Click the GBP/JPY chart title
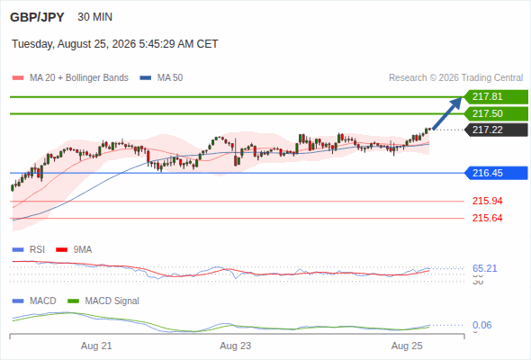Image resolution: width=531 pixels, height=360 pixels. pos(37,17)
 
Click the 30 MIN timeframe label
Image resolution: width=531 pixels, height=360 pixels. pos(94,17)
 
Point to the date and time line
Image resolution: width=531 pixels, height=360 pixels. pos(115,44)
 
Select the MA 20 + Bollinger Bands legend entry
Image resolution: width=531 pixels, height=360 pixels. pos(70,78)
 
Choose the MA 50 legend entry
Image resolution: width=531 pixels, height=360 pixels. pos(161,78)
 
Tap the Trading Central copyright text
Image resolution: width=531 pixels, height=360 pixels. pos(455,78)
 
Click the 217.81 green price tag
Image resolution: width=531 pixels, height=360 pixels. pos(496,97)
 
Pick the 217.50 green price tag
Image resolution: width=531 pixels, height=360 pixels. pos(496,113)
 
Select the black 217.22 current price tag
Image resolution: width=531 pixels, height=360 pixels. pos(496,130)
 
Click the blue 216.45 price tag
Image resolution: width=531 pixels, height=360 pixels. pos(496,173)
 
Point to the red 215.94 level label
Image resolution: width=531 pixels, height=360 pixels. pos(487,202)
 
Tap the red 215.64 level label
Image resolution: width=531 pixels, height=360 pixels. pos(487,218)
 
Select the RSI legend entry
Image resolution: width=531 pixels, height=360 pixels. pos(29,249)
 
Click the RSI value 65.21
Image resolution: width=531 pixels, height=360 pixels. pos(484,268)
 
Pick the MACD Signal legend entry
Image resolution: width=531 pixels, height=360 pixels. pos(103,301)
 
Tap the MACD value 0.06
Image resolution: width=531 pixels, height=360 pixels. pos(481,325)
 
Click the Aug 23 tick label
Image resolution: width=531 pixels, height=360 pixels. pos(236,346)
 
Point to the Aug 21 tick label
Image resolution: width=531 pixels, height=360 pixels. pos(96,346)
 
